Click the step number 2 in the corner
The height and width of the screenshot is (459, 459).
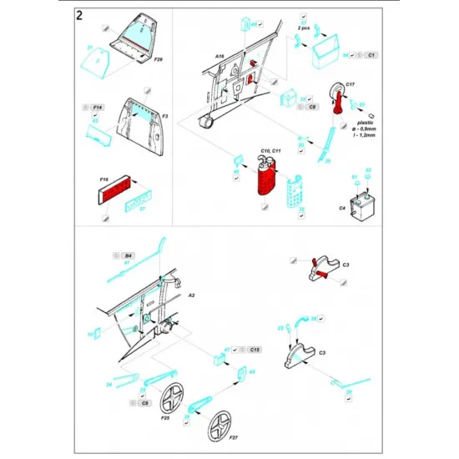point(78,16)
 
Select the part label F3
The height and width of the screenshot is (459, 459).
point(165,116)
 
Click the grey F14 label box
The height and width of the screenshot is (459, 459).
point(97,108)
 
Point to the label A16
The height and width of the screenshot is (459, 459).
point(219,57)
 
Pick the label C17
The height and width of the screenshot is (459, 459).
point(350,85)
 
